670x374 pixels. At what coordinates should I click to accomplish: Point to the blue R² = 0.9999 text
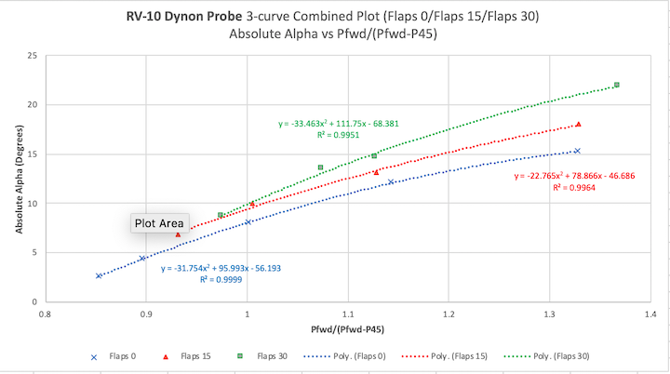pos(216,279)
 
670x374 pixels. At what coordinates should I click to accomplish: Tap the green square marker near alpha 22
pos(617,85)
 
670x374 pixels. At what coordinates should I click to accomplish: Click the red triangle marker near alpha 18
pos(578,124)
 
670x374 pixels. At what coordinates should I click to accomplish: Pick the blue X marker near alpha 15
pos(577,151)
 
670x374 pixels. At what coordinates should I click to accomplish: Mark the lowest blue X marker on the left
pos(99,275)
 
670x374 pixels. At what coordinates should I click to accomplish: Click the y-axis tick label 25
pos(32,56)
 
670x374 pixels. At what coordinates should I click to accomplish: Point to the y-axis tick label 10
pos(32,203)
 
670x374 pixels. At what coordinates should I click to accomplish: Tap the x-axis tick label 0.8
pos(45,314)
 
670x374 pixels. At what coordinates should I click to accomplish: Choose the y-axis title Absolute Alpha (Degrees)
pos(18,180)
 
